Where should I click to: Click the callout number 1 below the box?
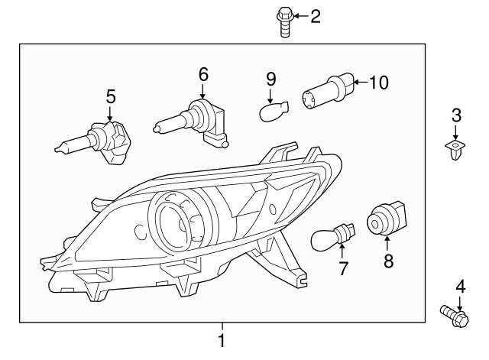pos(222,340)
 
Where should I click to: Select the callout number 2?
pos(316,15)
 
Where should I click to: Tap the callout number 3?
pos(456,116)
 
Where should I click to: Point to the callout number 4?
pos(461,287)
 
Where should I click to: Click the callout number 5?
pos(111,96)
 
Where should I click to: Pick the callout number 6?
pos(203,74)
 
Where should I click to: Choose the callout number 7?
pos(343,268)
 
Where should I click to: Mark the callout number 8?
pos(387,261)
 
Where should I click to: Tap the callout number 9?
pos(270,79)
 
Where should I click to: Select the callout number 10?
pos(379,82)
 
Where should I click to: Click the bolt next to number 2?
pos(284,21)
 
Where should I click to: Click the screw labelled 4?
pos(454,313)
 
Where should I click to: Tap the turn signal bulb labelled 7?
pos(331,235)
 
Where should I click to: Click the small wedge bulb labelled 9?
pos(273,113)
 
